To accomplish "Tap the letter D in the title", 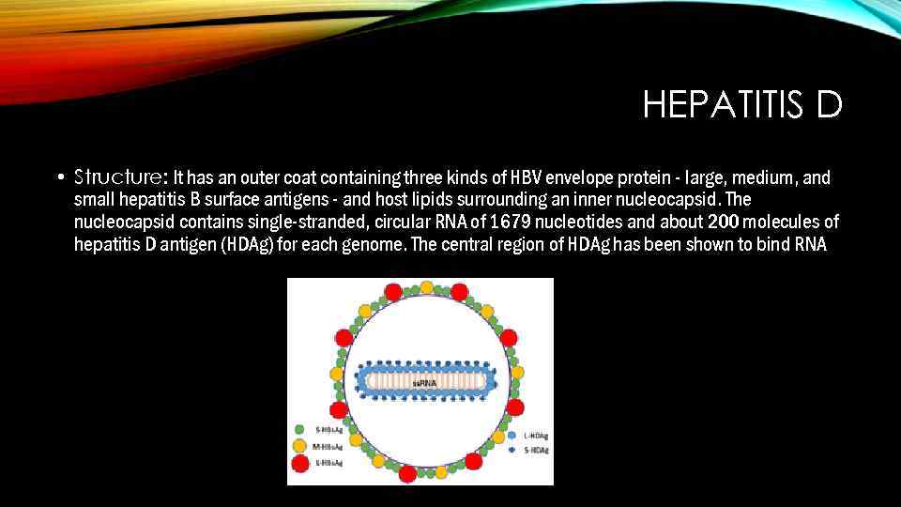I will [x=830, y=106].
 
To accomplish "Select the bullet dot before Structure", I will [x=60, y=177].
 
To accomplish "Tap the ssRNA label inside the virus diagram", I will [x=425, y=383].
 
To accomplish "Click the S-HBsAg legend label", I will [x=328, y=430].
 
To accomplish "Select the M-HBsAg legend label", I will [x=328, y=446].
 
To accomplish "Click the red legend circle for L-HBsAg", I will [x=299, y=462].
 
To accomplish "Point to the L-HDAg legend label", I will [x=536, y=436].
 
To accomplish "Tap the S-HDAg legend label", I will [x=536, y=450].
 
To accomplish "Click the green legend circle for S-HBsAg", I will [x=299, y=430].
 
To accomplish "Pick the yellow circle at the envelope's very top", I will [x=426, y=287].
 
